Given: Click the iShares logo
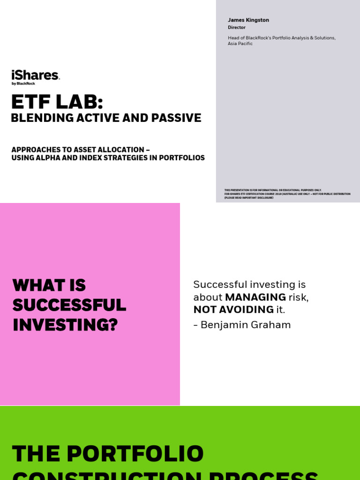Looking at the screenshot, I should point(35,75).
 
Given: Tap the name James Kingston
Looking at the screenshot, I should point(248,20).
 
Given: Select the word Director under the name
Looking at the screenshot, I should point(236,28).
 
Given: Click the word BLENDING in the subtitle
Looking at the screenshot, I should point(38,118).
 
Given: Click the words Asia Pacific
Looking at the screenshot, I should point(240,44).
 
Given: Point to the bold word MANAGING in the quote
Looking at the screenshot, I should point(255,297).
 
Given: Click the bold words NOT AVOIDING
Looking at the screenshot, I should point(233,309).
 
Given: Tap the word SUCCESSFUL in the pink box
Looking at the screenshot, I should point(69,305).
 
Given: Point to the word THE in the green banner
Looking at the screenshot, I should point(36,454).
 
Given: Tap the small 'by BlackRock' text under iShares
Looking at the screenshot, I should point(23,83).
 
